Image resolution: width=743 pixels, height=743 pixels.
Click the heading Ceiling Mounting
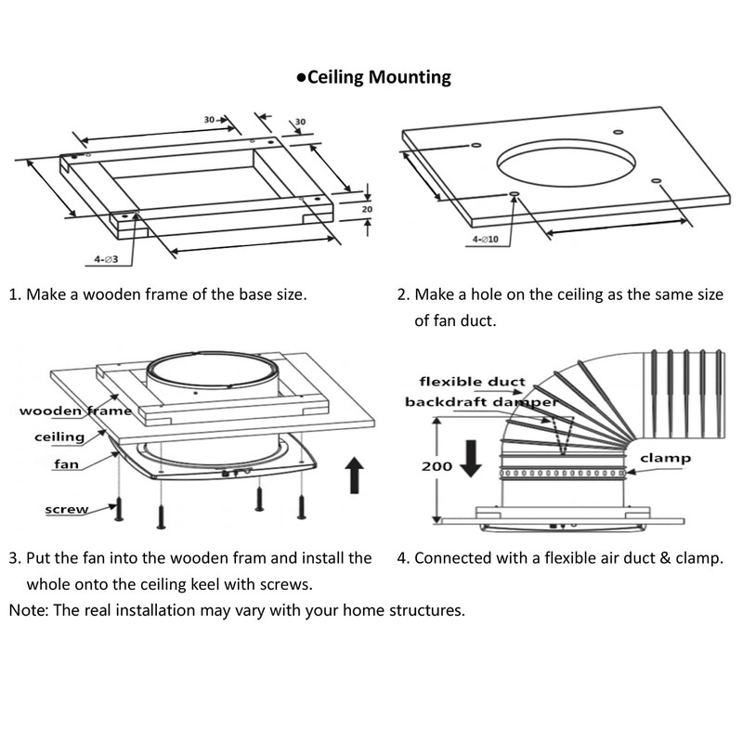(378, 77)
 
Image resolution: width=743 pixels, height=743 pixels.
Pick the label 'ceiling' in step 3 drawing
(59, 437)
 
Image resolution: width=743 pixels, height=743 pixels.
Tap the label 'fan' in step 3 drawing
(66, 463)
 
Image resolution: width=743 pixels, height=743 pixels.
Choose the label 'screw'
(67, 510)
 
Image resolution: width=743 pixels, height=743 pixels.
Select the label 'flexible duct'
(472, 382)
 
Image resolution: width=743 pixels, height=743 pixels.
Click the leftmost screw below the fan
(119, 508)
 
